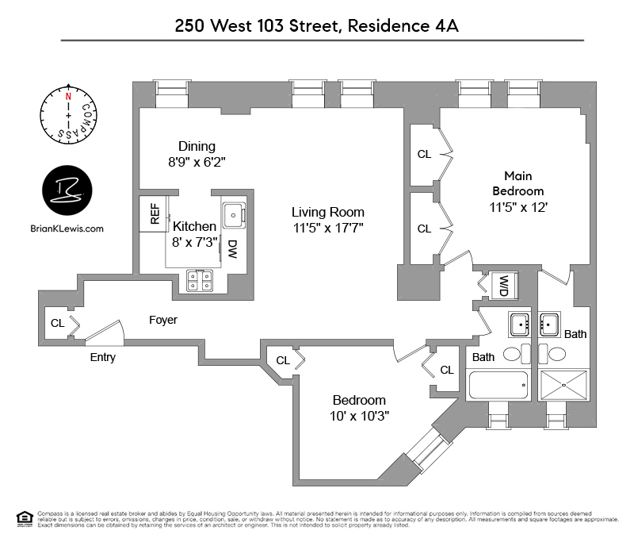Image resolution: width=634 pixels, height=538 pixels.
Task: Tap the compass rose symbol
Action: pyautogui.click(x=69, y=116)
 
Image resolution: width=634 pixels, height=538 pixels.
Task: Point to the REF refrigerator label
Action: pyautogui.click(x=154, y=214)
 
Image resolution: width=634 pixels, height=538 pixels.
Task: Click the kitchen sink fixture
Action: pyautogui.click(x=235, y=213)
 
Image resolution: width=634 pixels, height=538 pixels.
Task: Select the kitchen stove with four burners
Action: pyautogui.click(x=198, y=280)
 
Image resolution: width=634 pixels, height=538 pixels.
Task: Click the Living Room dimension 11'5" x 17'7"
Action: pyautogui.click(x=328, y=228)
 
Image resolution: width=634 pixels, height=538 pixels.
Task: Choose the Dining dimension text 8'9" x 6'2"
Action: pyautogui.click(x=197, y=161)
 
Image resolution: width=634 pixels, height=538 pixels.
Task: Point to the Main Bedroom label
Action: pyautogui.click(x=518, y=183)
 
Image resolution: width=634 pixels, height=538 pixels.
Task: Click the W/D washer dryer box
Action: pyautogui.click(x=502, y=286)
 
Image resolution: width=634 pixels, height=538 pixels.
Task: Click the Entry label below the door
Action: pyautogui.click(x=102, y=357)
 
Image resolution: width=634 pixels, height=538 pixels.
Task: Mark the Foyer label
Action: pyautogui.click(x=163, y=320)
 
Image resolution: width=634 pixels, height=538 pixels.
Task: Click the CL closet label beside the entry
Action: pyautogui.click(x=57, y=323)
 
